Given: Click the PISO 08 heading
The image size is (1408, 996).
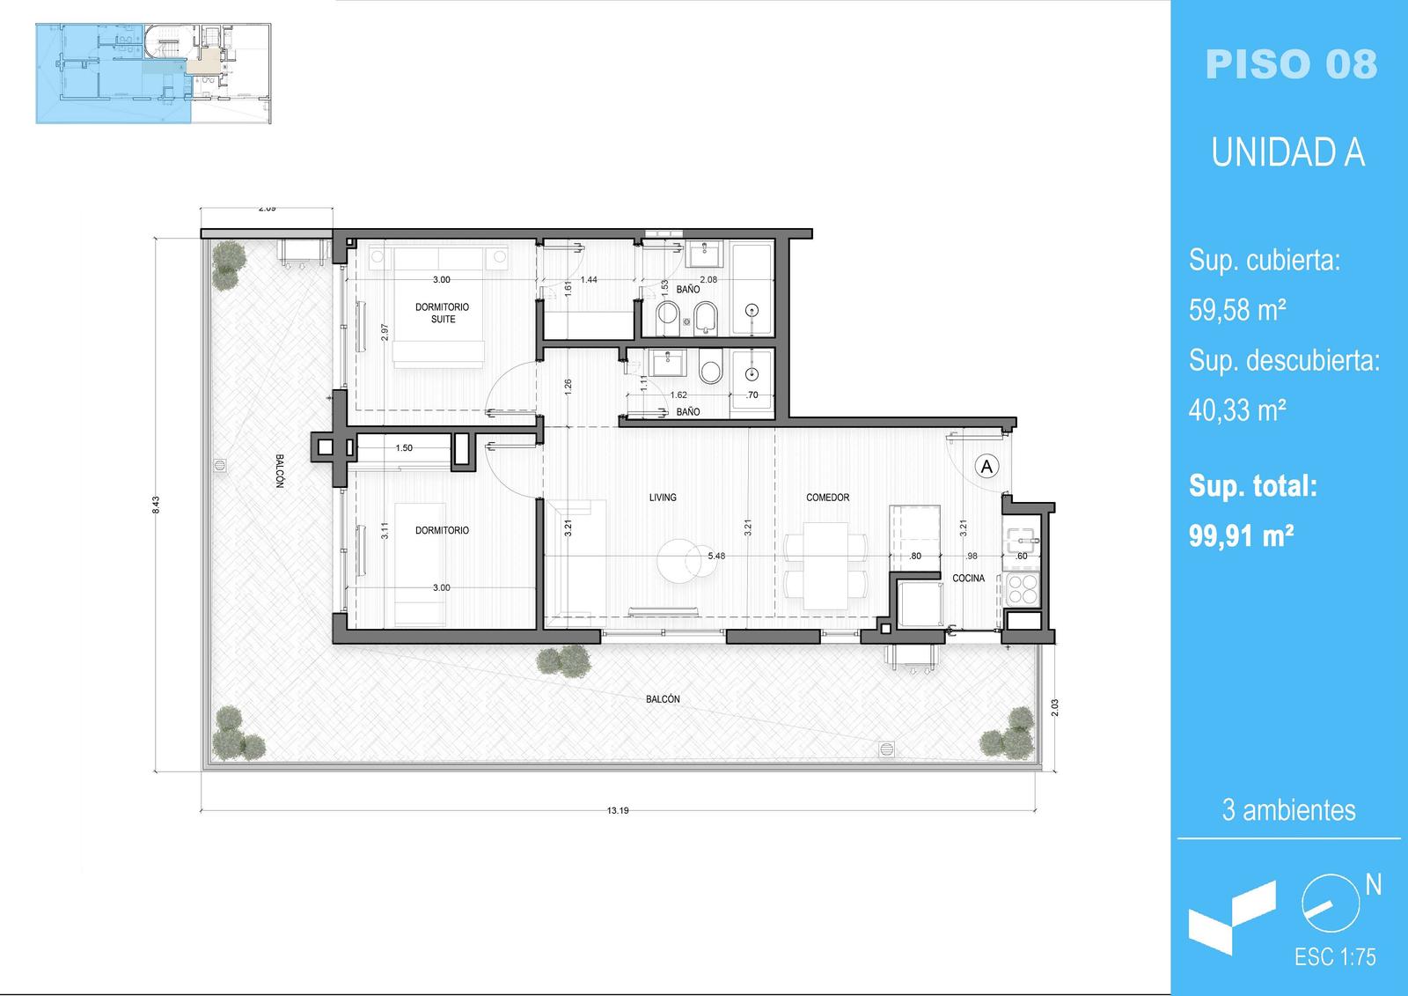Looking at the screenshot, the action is pyautogui.click(x=1291, y=65).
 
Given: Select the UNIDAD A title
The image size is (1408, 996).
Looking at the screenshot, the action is pyautogui.click(x=1288, y=152).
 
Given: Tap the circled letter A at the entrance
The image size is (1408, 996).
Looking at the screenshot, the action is pyautogui.click(x=986, y=466).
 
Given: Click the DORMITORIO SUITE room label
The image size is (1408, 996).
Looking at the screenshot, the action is pyautogui.click(x=443, y=313).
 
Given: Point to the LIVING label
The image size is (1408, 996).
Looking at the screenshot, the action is pyautogui.click(x=663, y=497).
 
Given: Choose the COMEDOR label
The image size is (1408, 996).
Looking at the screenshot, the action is pyautogui.click(x=828, y=497).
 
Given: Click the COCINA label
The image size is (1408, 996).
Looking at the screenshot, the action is pyautogui.click(x=968, y=579).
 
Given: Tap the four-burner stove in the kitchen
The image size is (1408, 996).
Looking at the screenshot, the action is pyautogui.click(x=1022, y=589).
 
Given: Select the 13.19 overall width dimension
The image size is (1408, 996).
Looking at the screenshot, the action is pyautogui.click(x=617, y=810).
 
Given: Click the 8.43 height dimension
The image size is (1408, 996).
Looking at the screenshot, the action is pyautogui.click(x=156, y=505).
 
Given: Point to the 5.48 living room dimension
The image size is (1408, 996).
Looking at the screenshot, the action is pyautogui.click(x=716, y=556).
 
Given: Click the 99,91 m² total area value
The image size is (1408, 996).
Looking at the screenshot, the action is pyautogui.click(x=1241, y=536).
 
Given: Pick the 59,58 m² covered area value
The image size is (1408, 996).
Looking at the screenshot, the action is pyautogui.click(x=1237, y=310).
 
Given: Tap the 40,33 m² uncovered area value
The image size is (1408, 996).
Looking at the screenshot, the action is pyautogui.click(x=1237, y=410).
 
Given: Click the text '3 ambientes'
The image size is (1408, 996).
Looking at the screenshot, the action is pyautogui.click(x=1288, y=810).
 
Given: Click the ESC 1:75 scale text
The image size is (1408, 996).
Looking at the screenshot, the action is pyautogui.click(x=1335, y=957).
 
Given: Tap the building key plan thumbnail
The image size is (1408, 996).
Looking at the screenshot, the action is pyautogui.click(x=153, y=74).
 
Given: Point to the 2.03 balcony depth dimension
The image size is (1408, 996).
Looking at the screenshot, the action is pyautogui.click(x=1054, y=708).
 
